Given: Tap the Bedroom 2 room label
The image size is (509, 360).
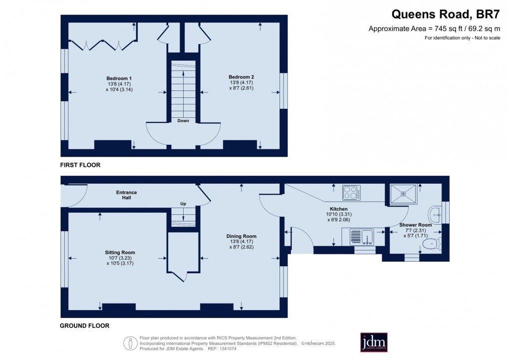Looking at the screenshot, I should coord(242,76).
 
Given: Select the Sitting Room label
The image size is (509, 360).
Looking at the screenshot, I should coord(120,253).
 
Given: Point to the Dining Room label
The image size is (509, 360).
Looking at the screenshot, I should coord(242,236).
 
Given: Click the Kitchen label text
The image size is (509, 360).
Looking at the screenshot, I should coord(338,209).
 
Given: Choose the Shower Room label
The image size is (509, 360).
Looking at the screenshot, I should coord(415,225).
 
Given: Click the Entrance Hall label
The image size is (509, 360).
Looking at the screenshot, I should coord(126,195).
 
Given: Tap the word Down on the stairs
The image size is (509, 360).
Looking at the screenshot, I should coord(183,121).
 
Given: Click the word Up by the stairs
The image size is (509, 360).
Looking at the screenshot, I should coord(183,204).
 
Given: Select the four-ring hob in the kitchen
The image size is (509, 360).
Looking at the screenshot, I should coord(351,192).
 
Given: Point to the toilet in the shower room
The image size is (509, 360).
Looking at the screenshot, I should coord(430,244).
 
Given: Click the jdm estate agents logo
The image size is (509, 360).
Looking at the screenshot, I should coord(374,343).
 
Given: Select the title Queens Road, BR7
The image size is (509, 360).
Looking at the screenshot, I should coord(446,14).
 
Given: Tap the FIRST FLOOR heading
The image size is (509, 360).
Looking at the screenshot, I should coord(80,165).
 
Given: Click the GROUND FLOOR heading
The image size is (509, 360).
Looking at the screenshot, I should coord(84,326).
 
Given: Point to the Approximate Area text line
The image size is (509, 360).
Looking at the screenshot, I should coord(434,28).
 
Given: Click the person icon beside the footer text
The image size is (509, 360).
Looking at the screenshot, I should coord(131,343).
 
